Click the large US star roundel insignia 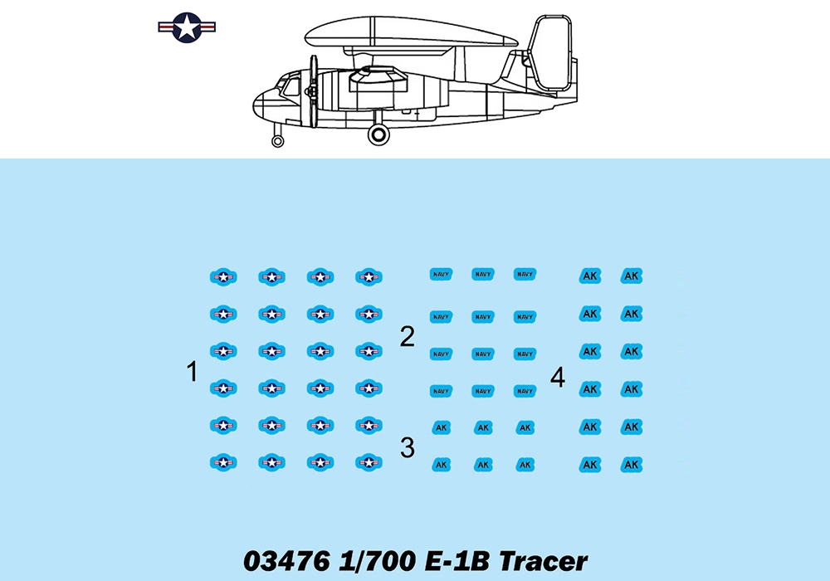tap(187, 27)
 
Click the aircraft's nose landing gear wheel tap(277, 141)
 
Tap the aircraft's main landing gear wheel tap(378, 134)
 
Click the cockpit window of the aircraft tap(290, 86)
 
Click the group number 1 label tap(193, 371)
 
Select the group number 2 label tap(407, 336)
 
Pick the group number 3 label tap(407, 447)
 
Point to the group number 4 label tap(558, 378)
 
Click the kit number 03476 tap(287, 561)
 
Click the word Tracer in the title tap(543, 561)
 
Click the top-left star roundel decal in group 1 tap(223, 276)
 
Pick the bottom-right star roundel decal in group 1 tap(369, 462)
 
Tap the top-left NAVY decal tap(441, 274)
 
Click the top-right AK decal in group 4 tap(632, 276)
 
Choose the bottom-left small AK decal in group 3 tap(441, 465)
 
